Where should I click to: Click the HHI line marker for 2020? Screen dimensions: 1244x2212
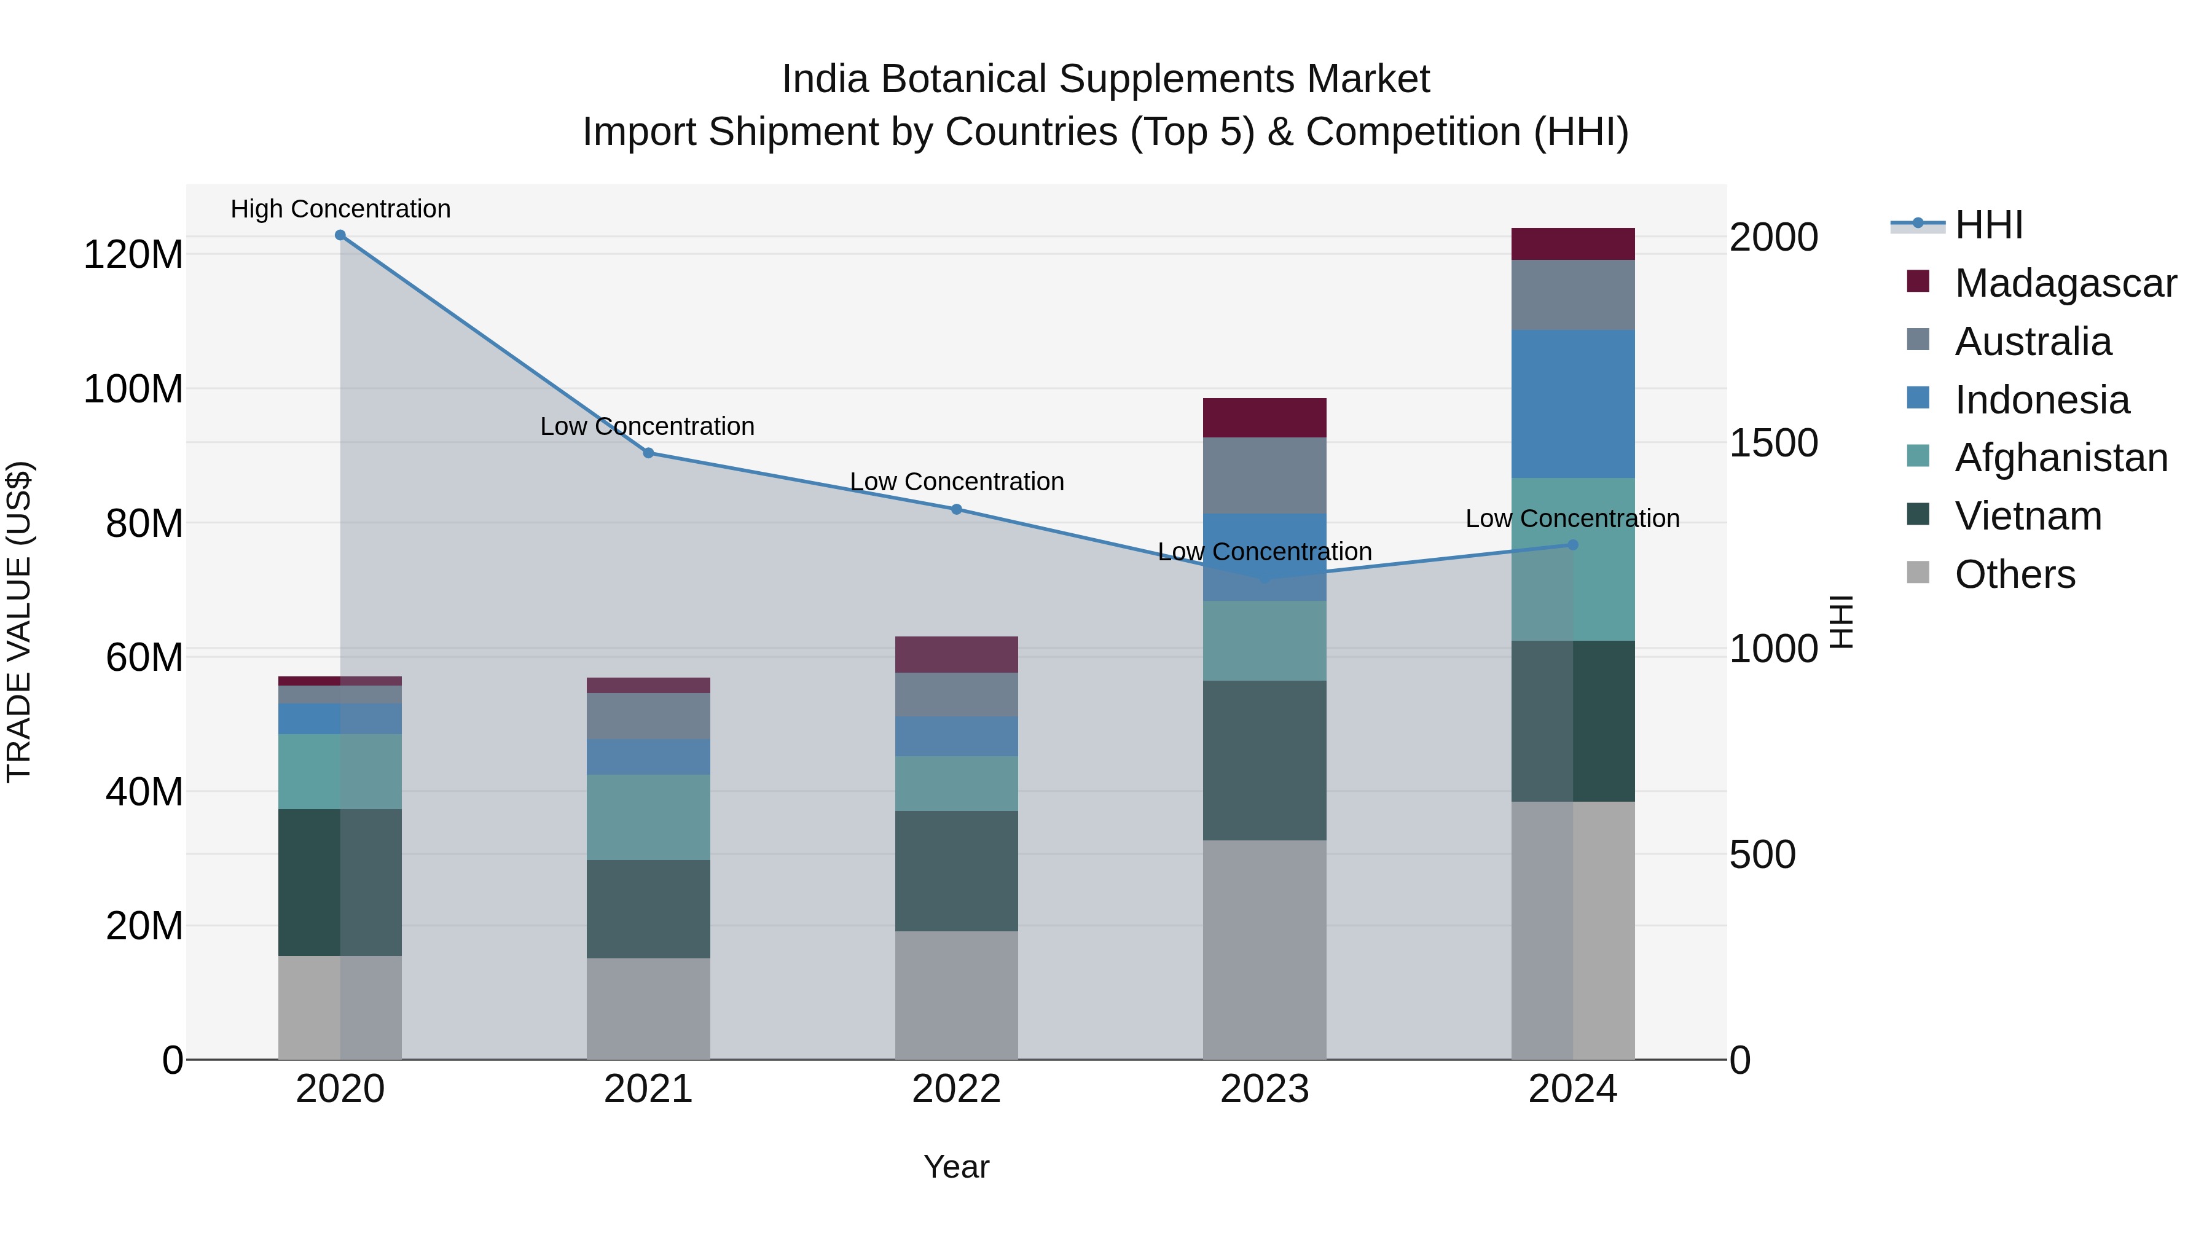point(340,235)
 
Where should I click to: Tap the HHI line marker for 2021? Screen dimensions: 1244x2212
point(648,452)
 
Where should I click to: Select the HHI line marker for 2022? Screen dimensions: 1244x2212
point(957,509)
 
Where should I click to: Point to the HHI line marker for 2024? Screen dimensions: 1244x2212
point(1572,545)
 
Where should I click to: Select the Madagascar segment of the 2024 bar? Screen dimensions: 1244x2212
point(1572,244)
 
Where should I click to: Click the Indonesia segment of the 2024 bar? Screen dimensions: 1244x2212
point(1572,404)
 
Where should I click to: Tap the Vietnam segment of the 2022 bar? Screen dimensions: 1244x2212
point(957,870)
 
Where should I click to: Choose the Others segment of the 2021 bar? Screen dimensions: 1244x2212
point(648,1008)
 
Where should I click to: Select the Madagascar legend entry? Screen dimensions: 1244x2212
point(2065,283)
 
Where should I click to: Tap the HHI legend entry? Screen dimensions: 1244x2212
point(1988,225)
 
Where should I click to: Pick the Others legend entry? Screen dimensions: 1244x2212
point(2015,574)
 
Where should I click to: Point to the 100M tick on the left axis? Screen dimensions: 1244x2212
point(133,389)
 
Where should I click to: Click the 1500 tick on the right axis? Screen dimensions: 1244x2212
point(1773,443)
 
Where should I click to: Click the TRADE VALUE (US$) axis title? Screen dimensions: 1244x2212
point(20,622)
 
